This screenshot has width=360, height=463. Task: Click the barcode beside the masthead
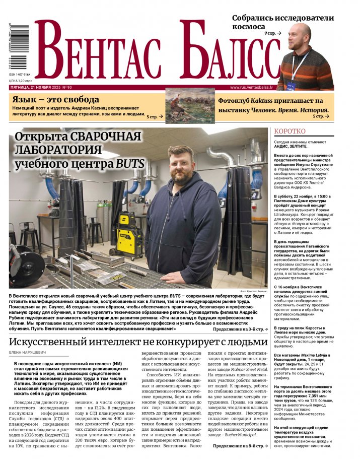coord(18,48)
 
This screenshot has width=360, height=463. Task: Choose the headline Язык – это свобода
coord(56,100)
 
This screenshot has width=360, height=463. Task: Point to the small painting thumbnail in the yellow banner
coord(190,106)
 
